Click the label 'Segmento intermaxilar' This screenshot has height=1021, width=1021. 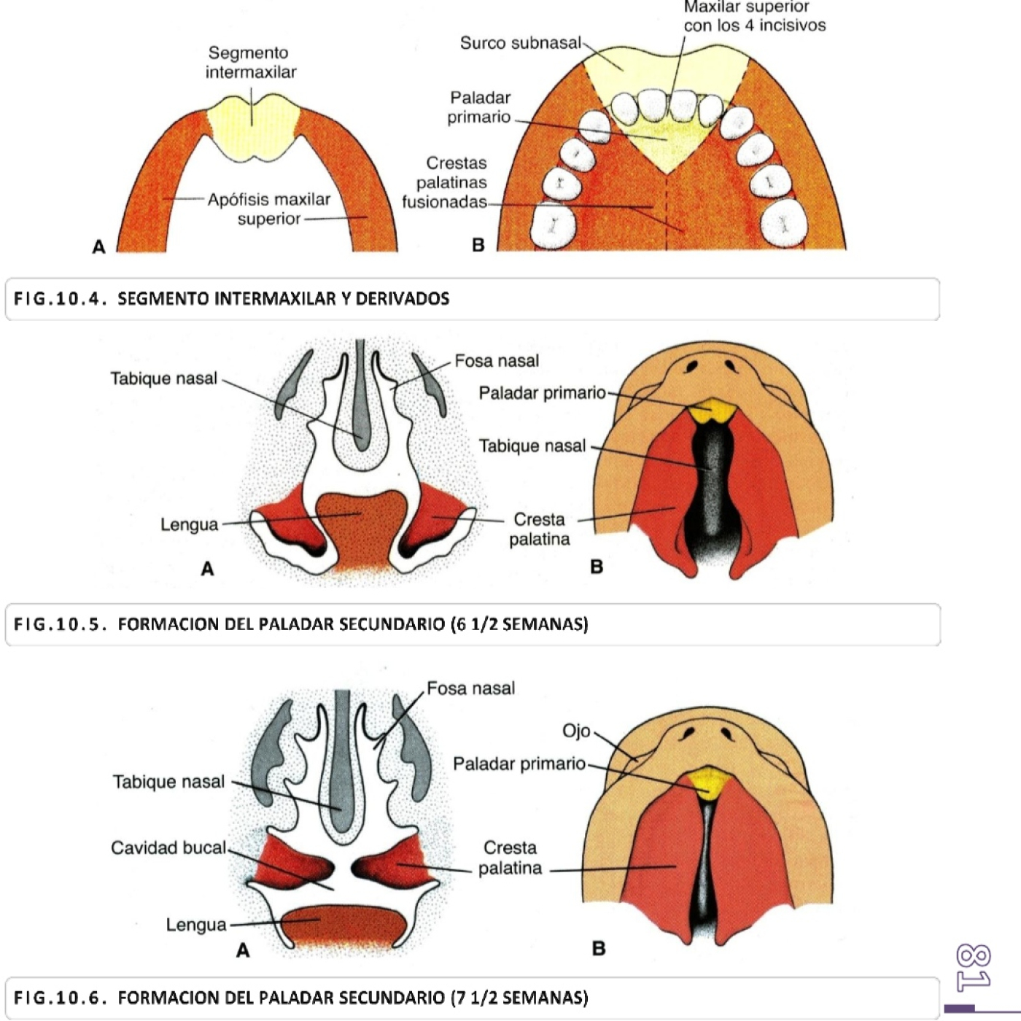(251, 63)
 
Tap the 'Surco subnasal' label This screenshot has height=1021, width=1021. (520, 43)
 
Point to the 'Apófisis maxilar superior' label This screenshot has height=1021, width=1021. (268, 209)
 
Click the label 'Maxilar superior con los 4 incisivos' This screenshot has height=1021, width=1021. (754, 16)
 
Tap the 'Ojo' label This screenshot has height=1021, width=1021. (575, 731)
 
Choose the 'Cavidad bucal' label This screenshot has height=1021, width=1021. (168, 847)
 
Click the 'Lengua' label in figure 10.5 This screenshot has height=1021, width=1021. (189, 524)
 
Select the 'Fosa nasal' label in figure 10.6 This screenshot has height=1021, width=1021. (470, 688)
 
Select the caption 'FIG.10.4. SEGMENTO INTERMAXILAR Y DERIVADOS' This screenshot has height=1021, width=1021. (283, 298)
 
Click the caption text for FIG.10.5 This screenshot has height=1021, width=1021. (352, 624)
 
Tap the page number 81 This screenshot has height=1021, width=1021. (974, 968)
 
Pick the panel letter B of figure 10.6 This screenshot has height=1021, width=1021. (599, 948)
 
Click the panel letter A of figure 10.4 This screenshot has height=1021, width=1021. (99, 246)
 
